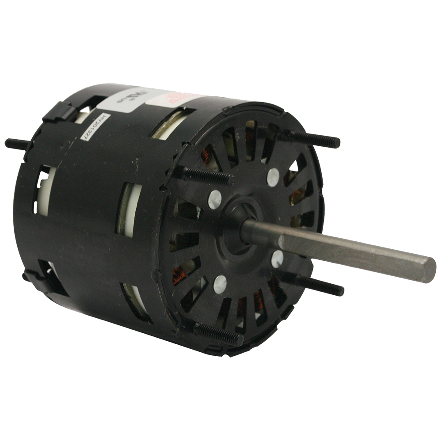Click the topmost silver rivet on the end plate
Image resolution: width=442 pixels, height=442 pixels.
(x=273, y=177)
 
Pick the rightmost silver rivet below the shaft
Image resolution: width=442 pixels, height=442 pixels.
(x=277, y=259)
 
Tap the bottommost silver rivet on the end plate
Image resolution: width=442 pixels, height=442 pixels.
(x=220, y=284)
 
